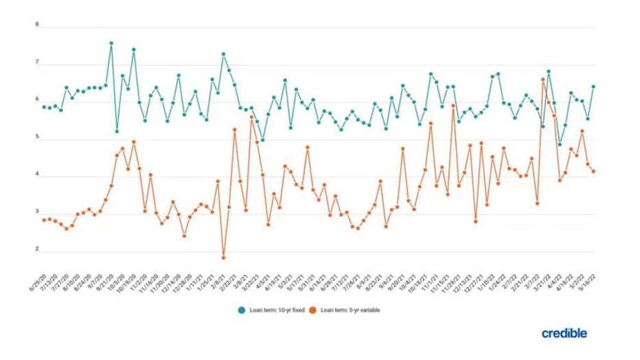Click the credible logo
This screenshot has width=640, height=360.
coord(564,333)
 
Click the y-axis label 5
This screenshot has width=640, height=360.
coord(37,139)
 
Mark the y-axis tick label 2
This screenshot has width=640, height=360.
coord(37,251)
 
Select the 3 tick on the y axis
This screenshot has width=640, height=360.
coord(37,214)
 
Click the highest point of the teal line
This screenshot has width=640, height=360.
coord(111,43)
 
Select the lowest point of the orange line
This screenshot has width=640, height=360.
coord(223,258)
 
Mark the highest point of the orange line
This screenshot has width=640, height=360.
coord(543,80)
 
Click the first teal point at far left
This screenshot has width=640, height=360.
coord(44,106)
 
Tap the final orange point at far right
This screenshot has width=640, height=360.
coord(593,172)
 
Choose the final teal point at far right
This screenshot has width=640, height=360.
coord(593,87)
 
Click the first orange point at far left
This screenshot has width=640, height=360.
coord(44,220)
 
